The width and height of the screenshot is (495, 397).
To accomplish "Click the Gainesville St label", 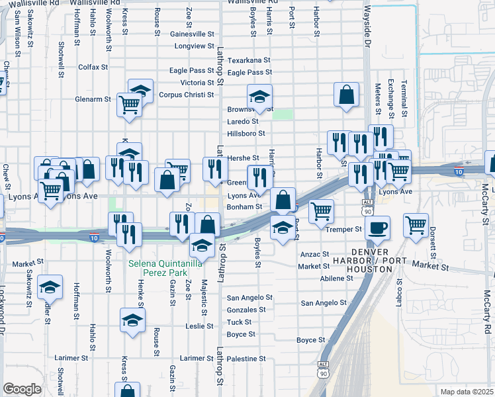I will pos(193,34).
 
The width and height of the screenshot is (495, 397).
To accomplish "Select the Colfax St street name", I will pos(93,67).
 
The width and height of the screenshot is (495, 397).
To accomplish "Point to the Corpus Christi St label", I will pos(187,95).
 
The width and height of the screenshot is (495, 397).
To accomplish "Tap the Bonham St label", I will pos(245,207).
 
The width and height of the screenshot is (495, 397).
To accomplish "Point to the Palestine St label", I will pos(246,359).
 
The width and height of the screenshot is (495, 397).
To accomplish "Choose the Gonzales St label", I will pos(246,310).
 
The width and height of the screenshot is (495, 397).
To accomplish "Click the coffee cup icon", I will pos(377,228).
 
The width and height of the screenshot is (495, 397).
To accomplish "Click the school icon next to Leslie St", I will pos(133,321).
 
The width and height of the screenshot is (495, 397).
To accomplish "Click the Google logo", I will pos(22,389).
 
